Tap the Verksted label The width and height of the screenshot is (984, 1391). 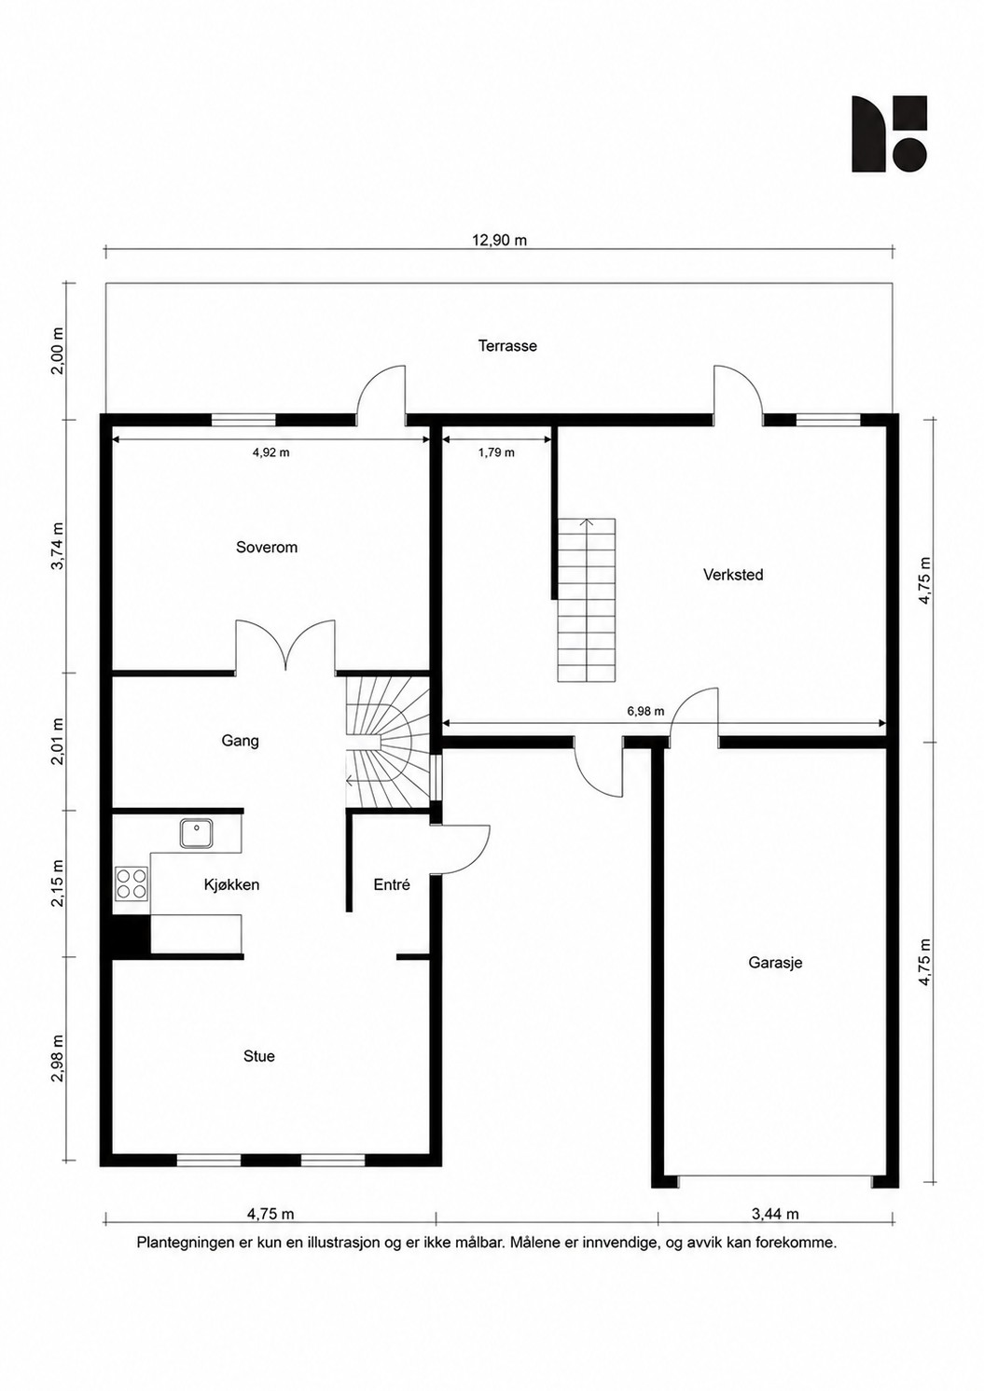733,575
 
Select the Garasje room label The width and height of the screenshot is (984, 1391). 775,963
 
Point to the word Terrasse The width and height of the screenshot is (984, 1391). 507,346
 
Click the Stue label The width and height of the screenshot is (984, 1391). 259,1056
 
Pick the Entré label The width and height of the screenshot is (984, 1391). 392,884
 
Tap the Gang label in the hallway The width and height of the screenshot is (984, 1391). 241,741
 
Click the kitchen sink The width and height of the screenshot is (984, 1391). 197,833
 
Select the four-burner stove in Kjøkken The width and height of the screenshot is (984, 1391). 132,883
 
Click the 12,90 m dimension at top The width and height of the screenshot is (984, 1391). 499,241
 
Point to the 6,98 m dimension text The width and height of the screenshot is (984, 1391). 645,711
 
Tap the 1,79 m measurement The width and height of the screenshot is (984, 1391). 496,452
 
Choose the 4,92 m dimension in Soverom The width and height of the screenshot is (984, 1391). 270,452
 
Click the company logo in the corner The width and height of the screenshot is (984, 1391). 889,133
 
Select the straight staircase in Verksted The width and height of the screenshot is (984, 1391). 587,600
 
